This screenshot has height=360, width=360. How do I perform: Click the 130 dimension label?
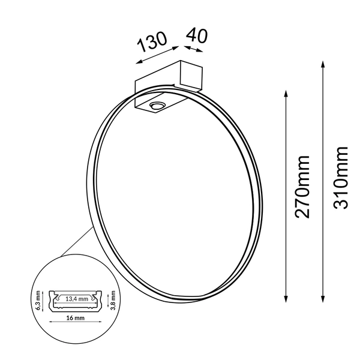[x=152, y=41]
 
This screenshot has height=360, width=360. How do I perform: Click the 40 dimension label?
[x=197, y=35]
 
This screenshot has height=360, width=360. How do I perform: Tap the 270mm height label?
[x=302, y=187]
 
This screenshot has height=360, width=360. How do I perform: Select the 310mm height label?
[x=341, y=178]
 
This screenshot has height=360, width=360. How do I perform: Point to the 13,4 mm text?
[x=77, y=299]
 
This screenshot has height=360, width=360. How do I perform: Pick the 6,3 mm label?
[x=38, y=301]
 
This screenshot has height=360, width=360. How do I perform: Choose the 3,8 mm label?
[x=113, y=301]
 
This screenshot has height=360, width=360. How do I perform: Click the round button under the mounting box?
[x=157, y=106]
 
